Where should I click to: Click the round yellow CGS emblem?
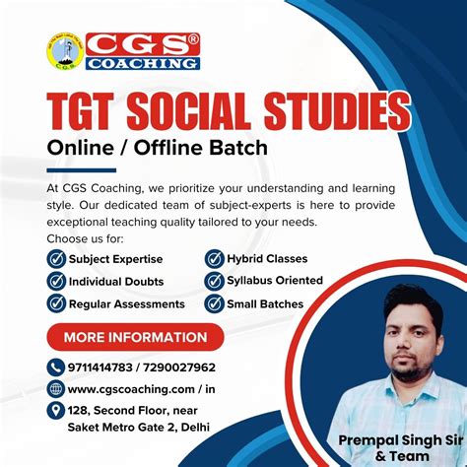coord(64,52)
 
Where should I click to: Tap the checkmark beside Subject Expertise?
coord(56,259)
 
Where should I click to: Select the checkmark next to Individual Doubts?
coord(56,281)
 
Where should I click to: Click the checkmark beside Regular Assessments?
coord(56,303)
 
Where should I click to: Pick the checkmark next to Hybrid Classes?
coord(214,259)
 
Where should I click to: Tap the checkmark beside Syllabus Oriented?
coord(214,281)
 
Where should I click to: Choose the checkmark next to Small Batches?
coord(214,303)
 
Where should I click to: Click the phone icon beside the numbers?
coord(56,367)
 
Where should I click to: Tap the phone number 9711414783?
coord(104,367)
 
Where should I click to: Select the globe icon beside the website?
coord(56,389)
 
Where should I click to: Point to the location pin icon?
coord(56,412)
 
